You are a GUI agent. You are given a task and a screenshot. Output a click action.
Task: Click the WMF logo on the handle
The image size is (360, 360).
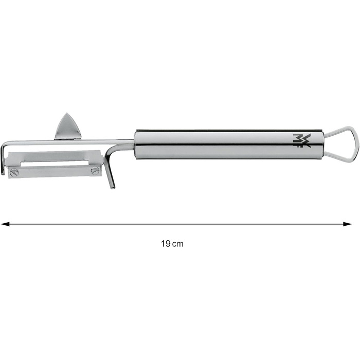301,140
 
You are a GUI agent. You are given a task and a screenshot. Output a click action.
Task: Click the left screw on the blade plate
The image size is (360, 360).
15,171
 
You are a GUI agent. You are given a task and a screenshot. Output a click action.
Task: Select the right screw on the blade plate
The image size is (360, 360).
95,170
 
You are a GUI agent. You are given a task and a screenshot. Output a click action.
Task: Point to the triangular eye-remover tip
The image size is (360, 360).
68,127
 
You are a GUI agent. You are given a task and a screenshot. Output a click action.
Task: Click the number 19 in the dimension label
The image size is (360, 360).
166,244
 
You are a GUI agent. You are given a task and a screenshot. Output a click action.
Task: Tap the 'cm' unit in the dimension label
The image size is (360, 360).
178,244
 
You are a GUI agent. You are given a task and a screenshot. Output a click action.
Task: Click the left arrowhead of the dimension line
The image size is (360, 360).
5,224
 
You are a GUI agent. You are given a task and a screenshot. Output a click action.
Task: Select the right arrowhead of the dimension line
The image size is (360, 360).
347,224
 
